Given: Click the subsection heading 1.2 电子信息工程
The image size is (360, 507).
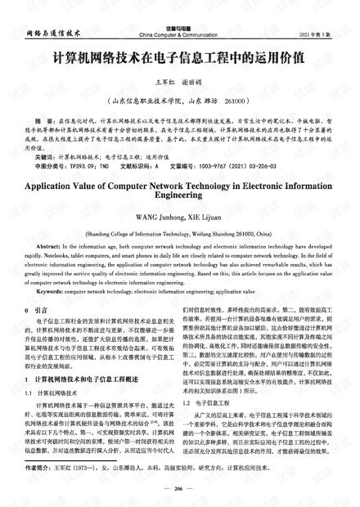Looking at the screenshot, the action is pyautogui.click(x=205, y=403).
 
